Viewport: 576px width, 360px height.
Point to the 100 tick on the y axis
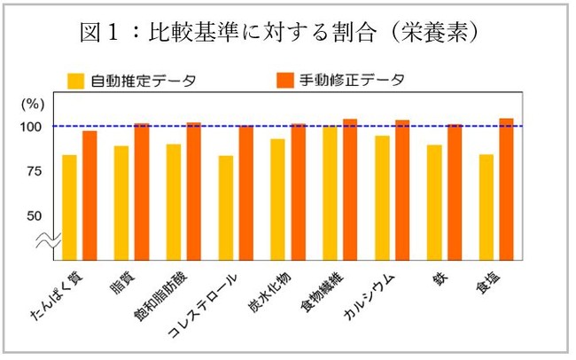31,127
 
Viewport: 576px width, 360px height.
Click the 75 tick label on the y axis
33,170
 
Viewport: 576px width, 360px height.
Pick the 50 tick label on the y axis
33,215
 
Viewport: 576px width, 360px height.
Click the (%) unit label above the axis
31,103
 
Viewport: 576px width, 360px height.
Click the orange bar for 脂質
142,192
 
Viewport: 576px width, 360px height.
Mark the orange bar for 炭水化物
299,192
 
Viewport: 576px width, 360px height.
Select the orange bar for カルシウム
403,190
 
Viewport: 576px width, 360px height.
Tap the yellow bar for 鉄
434,202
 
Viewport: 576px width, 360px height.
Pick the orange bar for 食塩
507,189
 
